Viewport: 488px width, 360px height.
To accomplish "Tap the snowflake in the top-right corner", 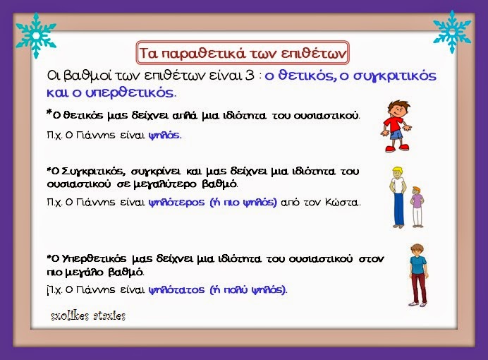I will [x=451, y=31].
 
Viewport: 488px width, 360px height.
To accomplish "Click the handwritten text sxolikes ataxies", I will [x=88, y=316].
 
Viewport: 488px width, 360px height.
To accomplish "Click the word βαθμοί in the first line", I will [x=92, y=76].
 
